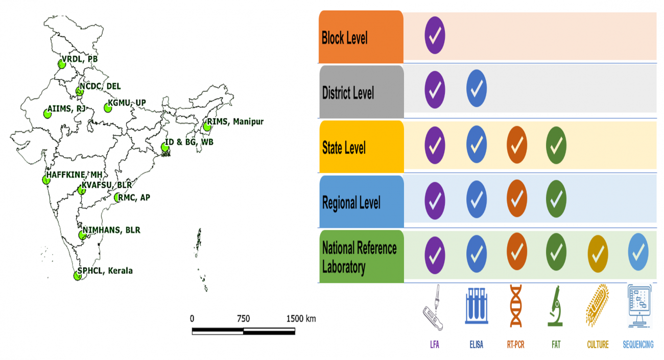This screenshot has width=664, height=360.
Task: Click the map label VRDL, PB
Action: click(x=79, y=59)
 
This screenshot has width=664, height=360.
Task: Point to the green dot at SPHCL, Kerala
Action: click(x=77, y=276)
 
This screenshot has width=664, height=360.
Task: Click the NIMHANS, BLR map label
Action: click(x=111, y=230)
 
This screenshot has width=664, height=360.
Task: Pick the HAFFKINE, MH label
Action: click(x=75, y=174)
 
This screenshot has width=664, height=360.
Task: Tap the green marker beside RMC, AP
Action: click(x=118, y=198)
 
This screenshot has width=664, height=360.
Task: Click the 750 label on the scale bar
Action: click(x=243, y=319)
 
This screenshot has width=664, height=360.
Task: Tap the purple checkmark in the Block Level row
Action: click(x=435, y=35)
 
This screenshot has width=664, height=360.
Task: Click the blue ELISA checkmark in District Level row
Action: click(x=477, y=89)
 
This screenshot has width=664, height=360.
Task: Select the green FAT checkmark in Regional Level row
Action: click(x=556, y=197)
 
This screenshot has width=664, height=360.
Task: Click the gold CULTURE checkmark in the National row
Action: click(x=598, y=252)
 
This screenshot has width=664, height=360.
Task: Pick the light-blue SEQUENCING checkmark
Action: click(x=638, y=252)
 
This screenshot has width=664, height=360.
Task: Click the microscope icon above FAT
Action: click(x=556, y=306)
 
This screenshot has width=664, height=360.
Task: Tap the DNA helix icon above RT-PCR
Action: click(x=516, y=306)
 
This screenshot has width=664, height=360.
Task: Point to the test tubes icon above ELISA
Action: click(x=476, y=306)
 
